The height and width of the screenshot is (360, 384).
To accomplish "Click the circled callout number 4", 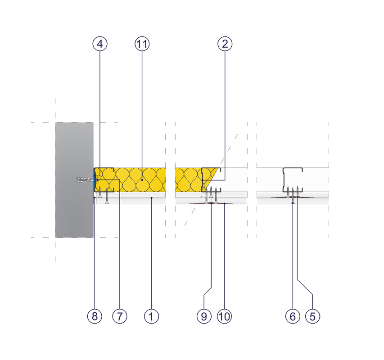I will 100,44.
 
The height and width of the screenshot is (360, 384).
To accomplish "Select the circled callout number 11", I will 142,44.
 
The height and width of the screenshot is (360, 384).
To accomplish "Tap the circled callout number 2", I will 225,44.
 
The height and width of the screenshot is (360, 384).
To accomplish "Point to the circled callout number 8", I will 94,316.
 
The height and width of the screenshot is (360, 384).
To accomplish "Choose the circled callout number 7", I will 120,316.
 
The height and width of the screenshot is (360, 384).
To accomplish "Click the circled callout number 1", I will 152,316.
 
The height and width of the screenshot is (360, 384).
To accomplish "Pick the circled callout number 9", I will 204,316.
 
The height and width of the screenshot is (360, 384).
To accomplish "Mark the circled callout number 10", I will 224,316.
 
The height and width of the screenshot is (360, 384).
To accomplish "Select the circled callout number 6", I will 293,316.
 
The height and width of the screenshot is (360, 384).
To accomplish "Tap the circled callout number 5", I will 313,316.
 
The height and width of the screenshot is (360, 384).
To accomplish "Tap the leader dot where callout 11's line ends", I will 142,180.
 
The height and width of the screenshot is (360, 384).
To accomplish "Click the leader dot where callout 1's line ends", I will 152,198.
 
